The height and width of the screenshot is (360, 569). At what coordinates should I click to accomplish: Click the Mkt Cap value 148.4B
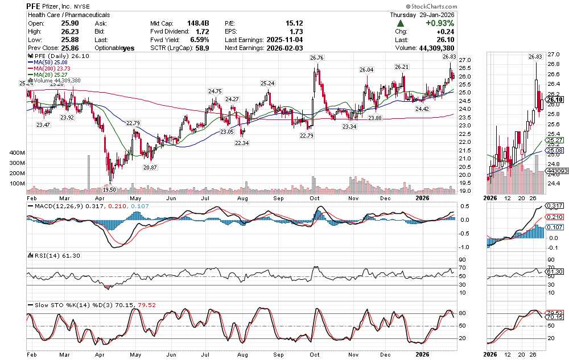click(x=197, y=23)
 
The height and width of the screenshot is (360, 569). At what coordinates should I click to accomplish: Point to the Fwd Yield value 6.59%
click(x=199, y=40)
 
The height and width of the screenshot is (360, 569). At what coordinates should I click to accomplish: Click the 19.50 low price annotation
click(x=110, y=189)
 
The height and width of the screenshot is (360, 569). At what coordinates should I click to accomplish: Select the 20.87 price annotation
click(x=150, y=167)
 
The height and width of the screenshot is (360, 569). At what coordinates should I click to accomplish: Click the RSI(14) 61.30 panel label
click(x=49, y=255)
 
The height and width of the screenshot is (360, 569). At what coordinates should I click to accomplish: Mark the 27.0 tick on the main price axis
click(x=465, y=60)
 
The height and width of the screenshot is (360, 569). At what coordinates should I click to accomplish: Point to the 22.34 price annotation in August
click(x=243, y=143)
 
